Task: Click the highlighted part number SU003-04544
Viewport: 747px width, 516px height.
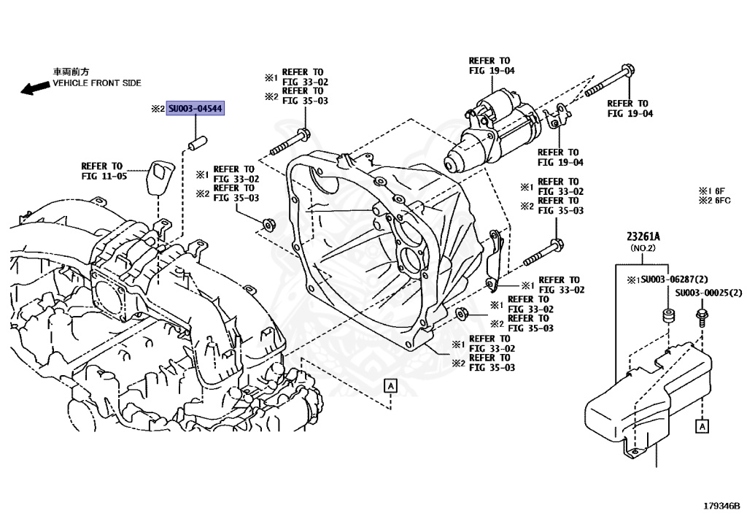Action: point(196,109)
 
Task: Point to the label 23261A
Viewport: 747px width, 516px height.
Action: point(643,236)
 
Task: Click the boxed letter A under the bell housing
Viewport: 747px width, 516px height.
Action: point(391,385)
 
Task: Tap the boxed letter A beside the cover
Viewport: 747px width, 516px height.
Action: point(702,425)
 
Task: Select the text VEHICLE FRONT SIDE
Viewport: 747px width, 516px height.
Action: point(96,83)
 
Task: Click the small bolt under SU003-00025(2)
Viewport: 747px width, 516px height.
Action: point(703,318)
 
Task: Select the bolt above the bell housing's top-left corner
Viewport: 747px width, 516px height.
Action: point(290,142)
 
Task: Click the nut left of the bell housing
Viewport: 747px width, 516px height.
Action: point(266,222)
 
